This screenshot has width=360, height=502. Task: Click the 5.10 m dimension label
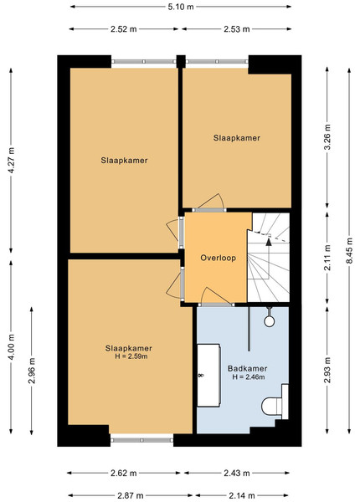pyautogui.click(x=181, y=7)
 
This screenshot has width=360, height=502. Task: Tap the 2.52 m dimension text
pyautogui.click(x=124, y=29)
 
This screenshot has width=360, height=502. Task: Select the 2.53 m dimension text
pyautogui.click(x=237, y=29)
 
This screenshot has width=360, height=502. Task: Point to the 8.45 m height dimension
pyautogui.click(x=349, y=251)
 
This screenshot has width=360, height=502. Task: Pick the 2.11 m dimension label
pyautogui.click(x=327, y=258)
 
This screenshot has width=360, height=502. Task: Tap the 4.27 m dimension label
pyautogui.click(x=11, y=161)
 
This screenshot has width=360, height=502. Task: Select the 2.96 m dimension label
pyautogui.click(x=31, y=371)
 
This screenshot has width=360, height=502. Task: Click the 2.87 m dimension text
pyautogui.click(x=131, y=496)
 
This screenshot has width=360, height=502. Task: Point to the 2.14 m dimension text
pyautogui.click(x=242, y=496)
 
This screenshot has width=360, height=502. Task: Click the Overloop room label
pyautogui.click(x=219, y=258)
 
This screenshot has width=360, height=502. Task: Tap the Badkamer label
pyautogui.click(x=247, y=368)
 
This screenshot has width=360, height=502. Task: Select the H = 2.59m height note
pyautogui.click(x=131, y=356)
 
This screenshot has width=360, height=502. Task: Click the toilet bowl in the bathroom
pyautogui.click(x=271, y=407)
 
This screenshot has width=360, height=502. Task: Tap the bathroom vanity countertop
pyautogui.click(x=208, y=375)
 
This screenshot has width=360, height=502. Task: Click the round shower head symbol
pyautogui.click(x=270, y=321)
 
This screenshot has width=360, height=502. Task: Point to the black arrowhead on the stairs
pyautogui.click(x=269, y=242)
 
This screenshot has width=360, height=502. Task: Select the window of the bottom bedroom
pyautogui.click(x=141, y=440)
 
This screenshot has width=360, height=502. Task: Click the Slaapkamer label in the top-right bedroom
pyautogui.click(x=237, y=138)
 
